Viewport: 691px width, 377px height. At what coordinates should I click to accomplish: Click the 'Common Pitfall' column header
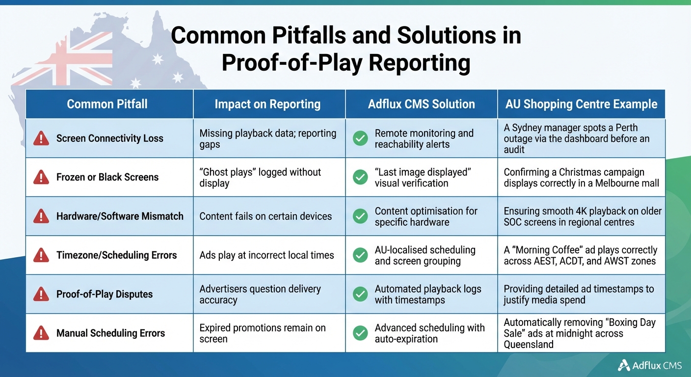pos(107,104)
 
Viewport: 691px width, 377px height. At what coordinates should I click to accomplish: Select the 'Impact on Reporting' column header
pos(267,104)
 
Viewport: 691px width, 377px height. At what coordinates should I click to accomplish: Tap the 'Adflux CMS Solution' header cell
pos(422,104)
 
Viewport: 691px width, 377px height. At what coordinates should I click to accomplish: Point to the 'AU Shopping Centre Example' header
pos(582,104)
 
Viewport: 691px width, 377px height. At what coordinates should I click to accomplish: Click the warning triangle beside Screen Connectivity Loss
pos(41,138)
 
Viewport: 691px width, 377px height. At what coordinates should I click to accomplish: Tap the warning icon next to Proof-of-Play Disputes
pos(41,294)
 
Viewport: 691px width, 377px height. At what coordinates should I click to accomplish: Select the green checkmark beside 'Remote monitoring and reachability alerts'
pos(361,138)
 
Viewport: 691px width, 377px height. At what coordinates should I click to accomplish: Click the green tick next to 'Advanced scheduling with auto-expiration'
pos(361,333)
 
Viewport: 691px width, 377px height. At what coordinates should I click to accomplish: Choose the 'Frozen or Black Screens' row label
pos(107,177)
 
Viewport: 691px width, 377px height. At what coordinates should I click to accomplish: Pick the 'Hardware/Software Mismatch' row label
pos(120,216)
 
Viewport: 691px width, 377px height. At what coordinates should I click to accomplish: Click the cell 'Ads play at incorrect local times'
pos(266,255)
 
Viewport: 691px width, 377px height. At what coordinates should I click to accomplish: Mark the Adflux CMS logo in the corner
pos(649,365)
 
